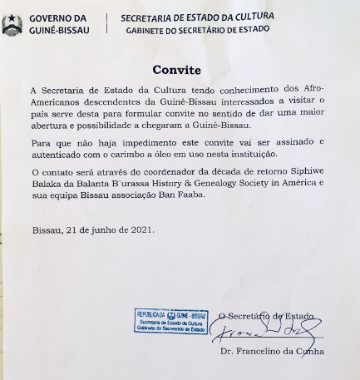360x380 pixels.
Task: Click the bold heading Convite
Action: [x=178, y=71]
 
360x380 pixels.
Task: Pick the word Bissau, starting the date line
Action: [x=47, y=229]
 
